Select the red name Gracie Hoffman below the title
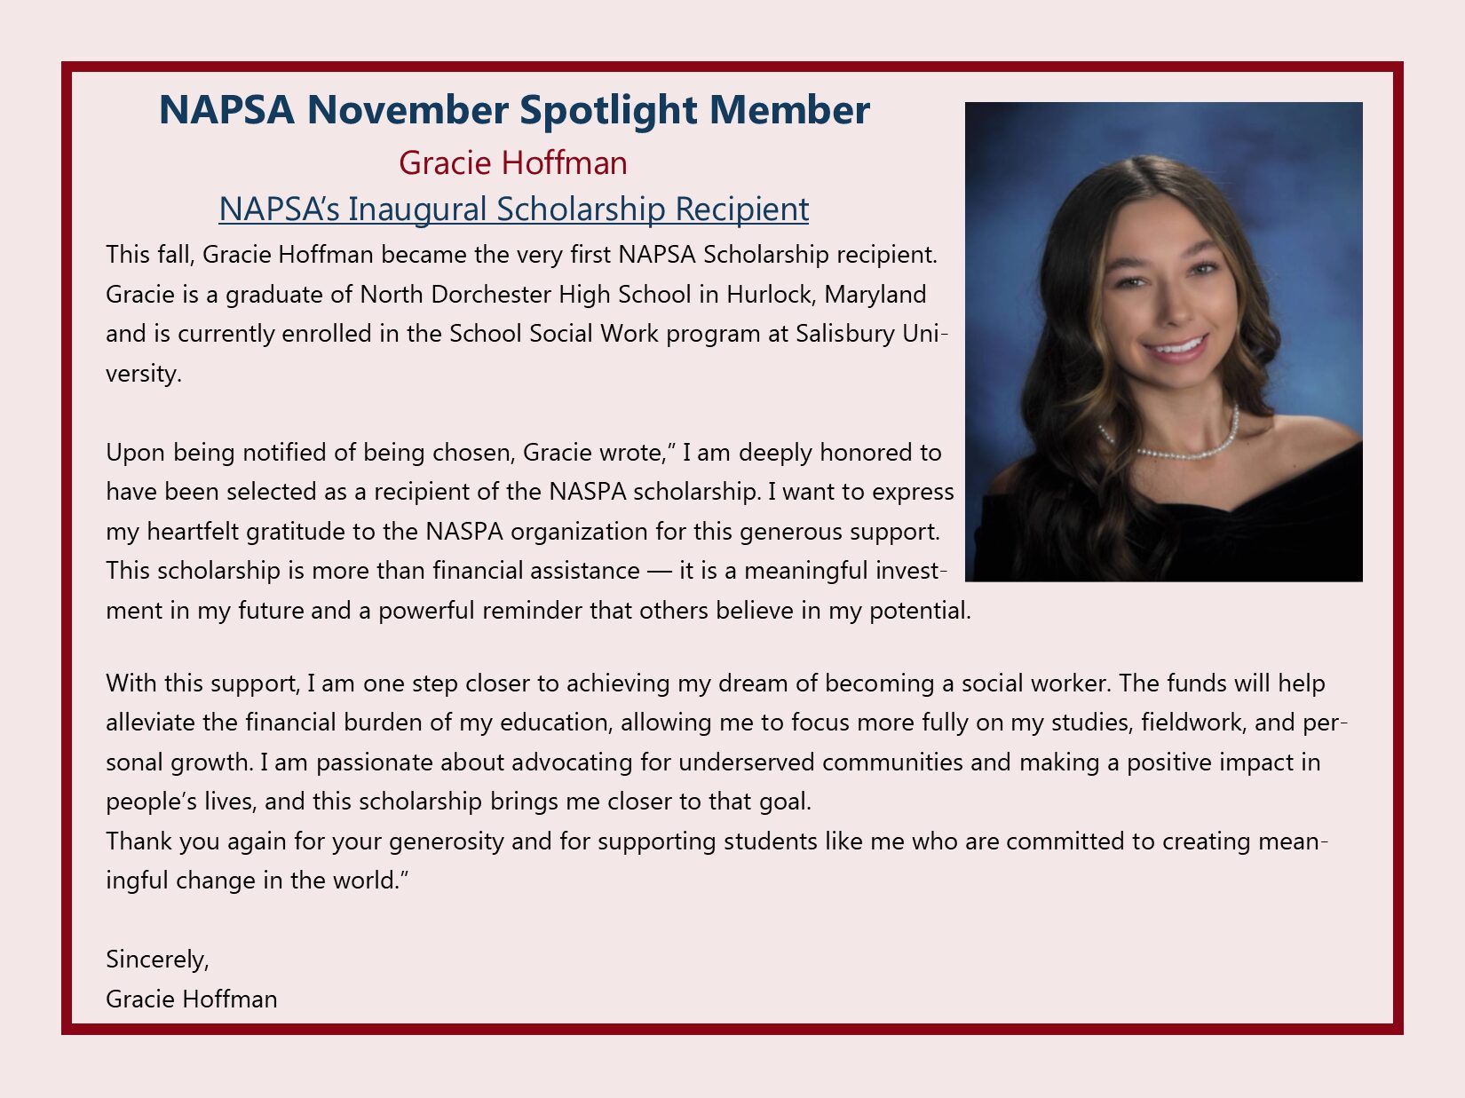[x=512, y=163]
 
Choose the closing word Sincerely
[x=157, y=960]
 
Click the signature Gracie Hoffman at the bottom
[x=191, y=999]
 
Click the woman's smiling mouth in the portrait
[x=1177, y=347]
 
